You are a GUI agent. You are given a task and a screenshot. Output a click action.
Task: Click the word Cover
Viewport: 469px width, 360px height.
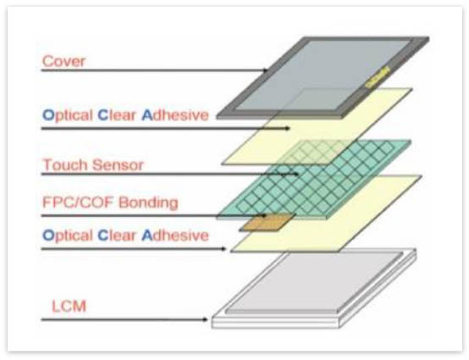tap(63, 61)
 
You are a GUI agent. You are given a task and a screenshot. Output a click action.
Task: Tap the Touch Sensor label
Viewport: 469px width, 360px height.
tap(93, 165)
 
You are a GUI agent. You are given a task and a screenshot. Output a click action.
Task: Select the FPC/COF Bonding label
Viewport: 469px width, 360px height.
tap(110, 202)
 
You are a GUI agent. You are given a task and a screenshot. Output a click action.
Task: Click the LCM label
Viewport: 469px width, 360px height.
tap(69, 306)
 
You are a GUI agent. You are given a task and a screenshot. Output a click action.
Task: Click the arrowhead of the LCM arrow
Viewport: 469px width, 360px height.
tap(205, 319)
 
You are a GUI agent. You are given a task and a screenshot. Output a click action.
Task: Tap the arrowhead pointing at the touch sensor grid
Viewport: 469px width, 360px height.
tap(295, 174)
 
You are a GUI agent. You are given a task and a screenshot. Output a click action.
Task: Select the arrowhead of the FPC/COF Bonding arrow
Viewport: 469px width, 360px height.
tap(263, 215)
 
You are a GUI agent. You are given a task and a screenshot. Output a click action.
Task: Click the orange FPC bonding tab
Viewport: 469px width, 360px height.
tap(268, 222)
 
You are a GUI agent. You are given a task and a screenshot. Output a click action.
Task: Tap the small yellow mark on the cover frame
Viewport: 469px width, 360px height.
tap(378, 78)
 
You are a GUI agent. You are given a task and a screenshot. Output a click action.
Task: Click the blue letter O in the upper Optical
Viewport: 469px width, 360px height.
tap(48, 115)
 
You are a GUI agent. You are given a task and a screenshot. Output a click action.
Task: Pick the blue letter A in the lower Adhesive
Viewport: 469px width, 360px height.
tap(147, 235)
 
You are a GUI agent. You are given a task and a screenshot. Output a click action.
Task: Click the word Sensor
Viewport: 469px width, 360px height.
tap(118, 165)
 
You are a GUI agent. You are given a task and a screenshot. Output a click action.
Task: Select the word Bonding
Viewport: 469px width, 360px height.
tap(148, 202)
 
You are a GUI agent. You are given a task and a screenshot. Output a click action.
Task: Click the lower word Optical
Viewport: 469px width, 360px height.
tap(68, 235)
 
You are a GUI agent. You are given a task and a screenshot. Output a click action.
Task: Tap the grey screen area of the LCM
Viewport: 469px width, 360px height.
tap(314, 282)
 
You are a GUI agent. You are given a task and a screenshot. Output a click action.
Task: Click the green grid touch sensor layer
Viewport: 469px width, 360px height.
tap(314, 180)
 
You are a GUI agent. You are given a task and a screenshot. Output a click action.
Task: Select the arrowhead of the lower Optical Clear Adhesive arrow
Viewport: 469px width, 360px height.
tap(223, 249)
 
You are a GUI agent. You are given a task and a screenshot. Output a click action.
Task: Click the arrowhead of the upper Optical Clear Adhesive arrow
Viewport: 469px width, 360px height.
tap(287, 129)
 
